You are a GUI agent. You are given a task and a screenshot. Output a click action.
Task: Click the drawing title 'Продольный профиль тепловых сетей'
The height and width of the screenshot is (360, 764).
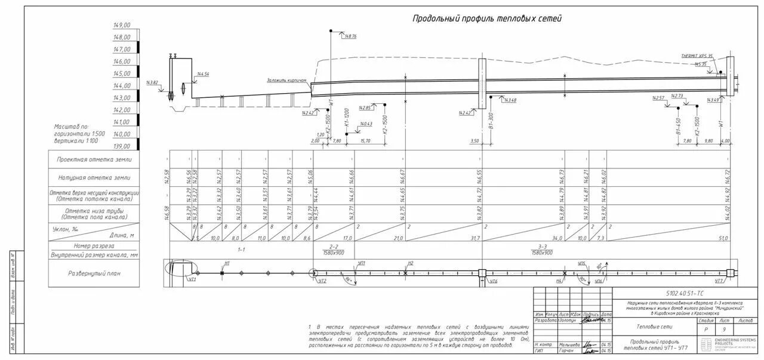487,19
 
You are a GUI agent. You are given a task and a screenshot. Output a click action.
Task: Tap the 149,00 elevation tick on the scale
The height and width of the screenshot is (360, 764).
122,26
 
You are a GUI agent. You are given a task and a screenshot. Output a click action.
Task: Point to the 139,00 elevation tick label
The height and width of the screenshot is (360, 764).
122,146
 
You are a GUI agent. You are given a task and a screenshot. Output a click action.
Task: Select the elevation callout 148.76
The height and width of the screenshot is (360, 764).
350,36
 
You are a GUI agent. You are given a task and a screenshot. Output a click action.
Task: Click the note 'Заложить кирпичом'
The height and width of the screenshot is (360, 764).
286,80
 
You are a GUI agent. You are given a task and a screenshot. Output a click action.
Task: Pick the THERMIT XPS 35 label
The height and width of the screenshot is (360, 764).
697,56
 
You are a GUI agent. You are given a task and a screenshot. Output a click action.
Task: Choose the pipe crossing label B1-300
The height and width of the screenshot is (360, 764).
491,122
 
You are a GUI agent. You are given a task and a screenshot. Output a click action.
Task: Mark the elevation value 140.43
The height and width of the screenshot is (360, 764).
365,124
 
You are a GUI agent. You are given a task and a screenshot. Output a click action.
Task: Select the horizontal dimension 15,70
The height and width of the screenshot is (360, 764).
365,141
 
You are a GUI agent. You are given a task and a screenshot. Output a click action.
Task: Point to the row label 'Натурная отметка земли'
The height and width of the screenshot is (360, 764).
94,178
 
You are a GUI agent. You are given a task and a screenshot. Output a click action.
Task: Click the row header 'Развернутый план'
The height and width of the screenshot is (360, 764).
94,272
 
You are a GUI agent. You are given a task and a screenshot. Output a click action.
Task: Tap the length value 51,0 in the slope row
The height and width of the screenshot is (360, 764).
722,238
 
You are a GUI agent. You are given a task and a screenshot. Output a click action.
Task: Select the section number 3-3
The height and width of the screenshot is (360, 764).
542,246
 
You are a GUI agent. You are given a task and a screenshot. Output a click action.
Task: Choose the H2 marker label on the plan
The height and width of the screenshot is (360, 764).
410,263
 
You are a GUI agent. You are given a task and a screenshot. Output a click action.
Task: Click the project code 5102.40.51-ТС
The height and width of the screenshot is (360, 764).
683,294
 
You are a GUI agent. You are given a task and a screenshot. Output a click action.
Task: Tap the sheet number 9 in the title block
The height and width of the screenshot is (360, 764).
724,329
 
